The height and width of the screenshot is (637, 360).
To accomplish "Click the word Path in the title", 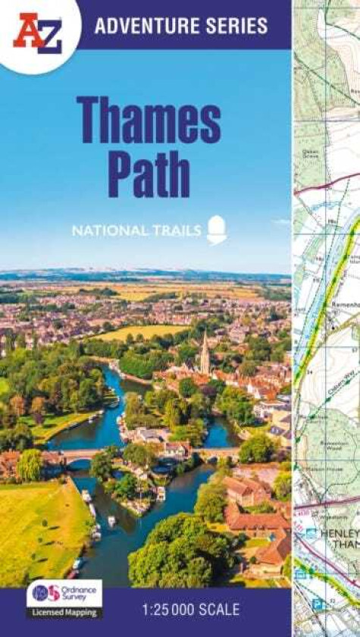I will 149,174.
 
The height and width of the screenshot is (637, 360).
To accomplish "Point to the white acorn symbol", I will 217,229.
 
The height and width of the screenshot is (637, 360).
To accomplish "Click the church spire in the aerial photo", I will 205,353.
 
